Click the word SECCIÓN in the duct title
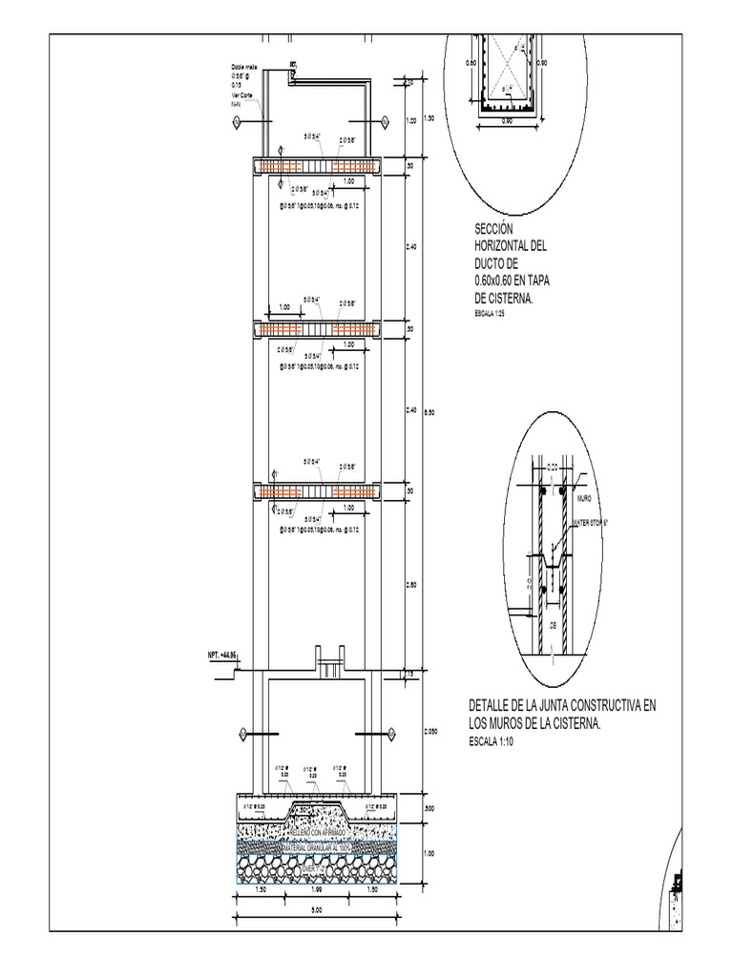(x=494, y=230)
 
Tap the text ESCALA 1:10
(x=491, y=741)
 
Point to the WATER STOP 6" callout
(x=592, y=523)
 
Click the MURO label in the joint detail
(x=585, y=498)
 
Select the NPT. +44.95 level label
(x=221, y=655)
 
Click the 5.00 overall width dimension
(x=317, y=910)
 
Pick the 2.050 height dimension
(x=430, y=732)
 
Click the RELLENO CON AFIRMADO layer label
(x=318, y=832)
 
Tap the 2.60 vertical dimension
(x=411, y=586)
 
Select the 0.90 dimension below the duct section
(x=507, y=121)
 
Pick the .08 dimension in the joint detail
(x=552, y=626)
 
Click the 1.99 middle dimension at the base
(x=317, y=889)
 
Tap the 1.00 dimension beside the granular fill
(x=429, y=854)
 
